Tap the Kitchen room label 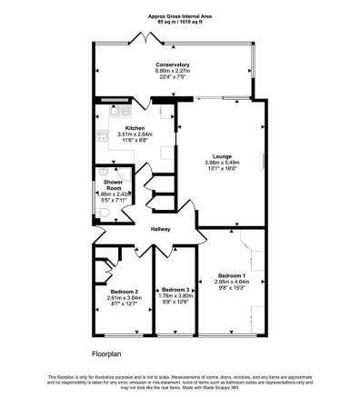pos(124,128)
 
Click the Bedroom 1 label pos(231,275)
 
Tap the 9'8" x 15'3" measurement pos(231,288)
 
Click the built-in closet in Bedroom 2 pos(109,257)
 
